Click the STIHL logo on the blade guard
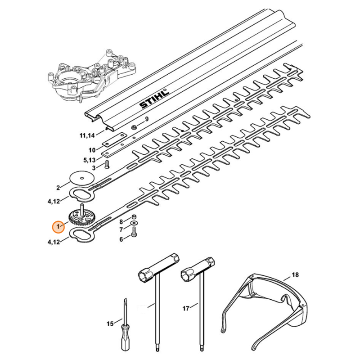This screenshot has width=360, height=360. coord(154,99)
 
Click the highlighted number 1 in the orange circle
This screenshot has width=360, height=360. coord(58,227)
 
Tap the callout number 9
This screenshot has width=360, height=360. coord(147,119)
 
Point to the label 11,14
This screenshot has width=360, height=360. coord(87,135)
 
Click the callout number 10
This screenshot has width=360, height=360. coord(92,150)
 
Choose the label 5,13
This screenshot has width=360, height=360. coord(89,160)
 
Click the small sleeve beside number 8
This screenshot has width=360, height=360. coord(134,217)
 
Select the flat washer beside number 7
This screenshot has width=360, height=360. coord(134,223)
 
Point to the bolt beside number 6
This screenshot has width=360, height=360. coord(134,232)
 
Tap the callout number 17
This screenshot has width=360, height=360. coord(186,308)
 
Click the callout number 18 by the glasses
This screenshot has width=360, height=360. coord(295,274)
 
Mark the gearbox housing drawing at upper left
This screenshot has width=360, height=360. coord(92,76)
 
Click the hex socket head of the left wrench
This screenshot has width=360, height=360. coord(145,277)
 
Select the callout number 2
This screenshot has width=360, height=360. coord(58,188)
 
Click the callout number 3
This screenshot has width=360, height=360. coord(94,168)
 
